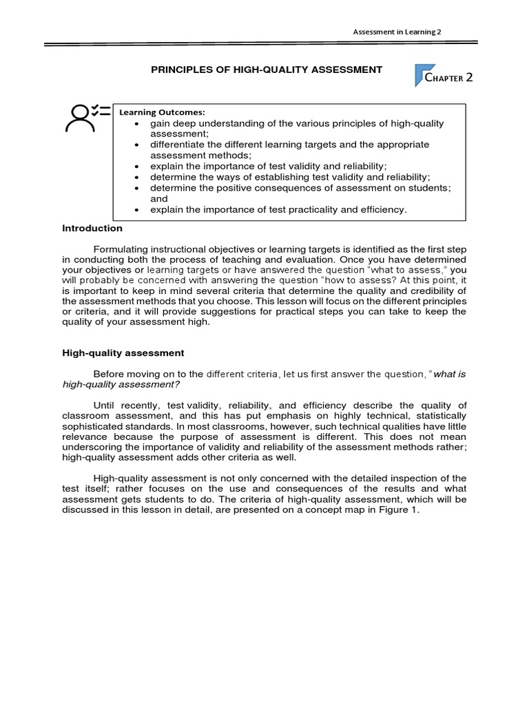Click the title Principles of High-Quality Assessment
[265, 70]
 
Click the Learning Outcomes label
[163, 112]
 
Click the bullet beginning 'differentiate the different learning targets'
[289, 150]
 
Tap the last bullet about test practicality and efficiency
[278, 209]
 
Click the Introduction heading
[92, 229]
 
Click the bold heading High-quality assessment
[123, 353]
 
